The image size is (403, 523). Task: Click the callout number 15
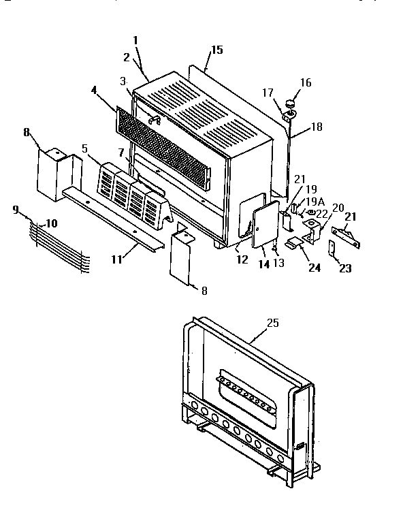click(x=217, y=50)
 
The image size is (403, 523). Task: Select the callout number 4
click(x=94, y=91)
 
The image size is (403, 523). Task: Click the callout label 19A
click(x=315, y=202)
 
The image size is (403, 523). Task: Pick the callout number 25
click(x=273, y=323)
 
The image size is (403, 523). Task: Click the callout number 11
click(x=117, y=259)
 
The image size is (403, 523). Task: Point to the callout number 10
click(x=52, y=223)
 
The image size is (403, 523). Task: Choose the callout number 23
click(x=345, y=268)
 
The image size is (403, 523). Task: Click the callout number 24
click(x=315, y=268)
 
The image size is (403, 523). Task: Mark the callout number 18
click(x=317, y=127)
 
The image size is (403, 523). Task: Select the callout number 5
click(x=84, y=148)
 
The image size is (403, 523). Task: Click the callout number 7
click(x=121, y=153)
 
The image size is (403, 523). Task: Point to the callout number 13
click(x=278, y=263)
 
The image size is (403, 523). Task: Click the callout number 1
click(x=135, y=40)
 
